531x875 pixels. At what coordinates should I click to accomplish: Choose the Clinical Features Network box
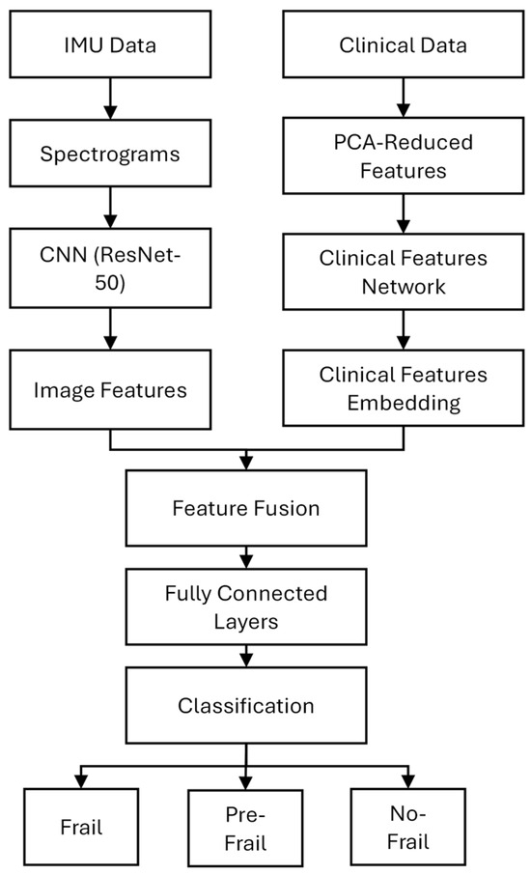point(405,273)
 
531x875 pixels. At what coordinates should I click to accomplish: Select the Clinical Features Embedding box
point(405,389)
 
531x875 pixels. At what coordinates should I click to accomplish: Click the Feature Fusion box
point(247,507)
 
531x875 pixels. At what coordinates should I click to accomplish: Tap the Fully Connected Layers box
point(247,607)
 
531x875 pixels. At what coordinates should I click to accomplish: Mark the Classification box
point(247,705)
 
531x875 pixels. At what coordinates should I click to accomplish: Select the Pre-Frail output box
point(247,829)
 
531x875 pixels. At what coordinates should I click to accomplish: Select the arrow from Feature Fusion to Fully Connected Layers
point(247,557)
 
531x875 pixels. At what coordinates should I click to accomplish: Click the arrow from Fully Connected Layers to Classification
point(247,657)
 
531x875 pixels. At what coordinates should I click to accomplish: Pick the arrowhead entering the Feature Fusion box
point(247,464)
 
